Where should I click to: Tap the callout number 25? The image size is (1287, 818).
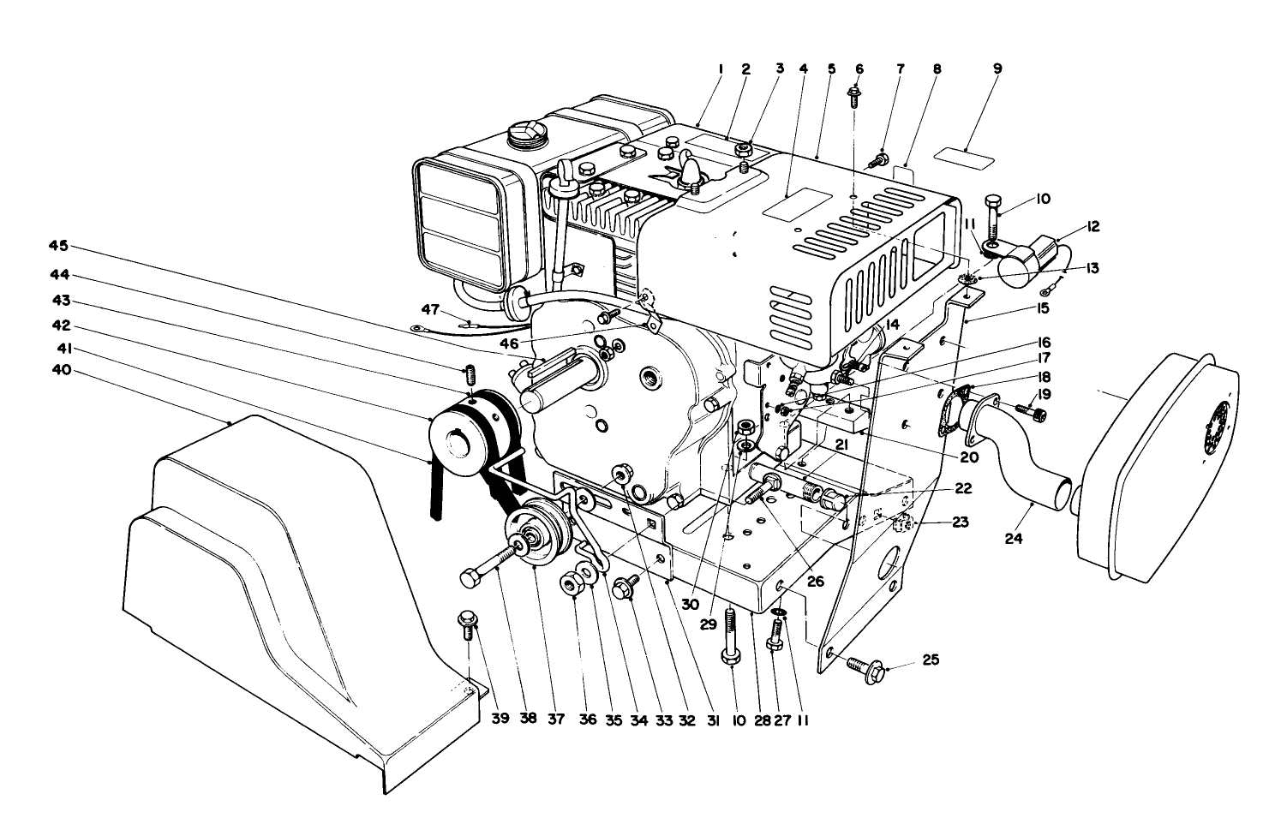[x=931, y=660]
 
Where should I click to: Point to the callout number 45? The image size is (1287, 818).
[x=58, y=247]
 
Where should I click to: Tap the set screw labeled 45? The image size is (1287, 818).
[x=469, y=374]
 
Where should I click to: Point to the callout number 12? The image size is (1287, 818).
[x=1093, y=226]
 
